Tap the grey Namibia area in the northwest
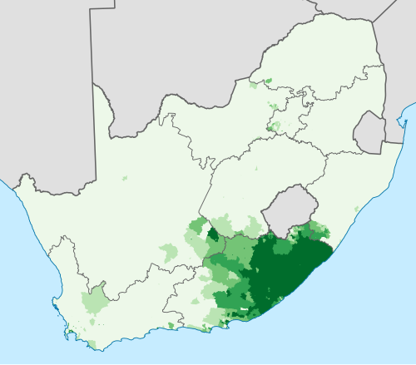[42, 83]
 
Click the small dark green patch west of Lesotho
[213, 235]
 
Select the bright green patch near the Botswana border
[267, 81]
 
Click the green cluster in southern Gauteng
[274, 126]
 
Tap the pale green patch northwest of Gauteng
[274, 106]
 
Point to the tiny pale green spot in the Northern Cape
[125, 178]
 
